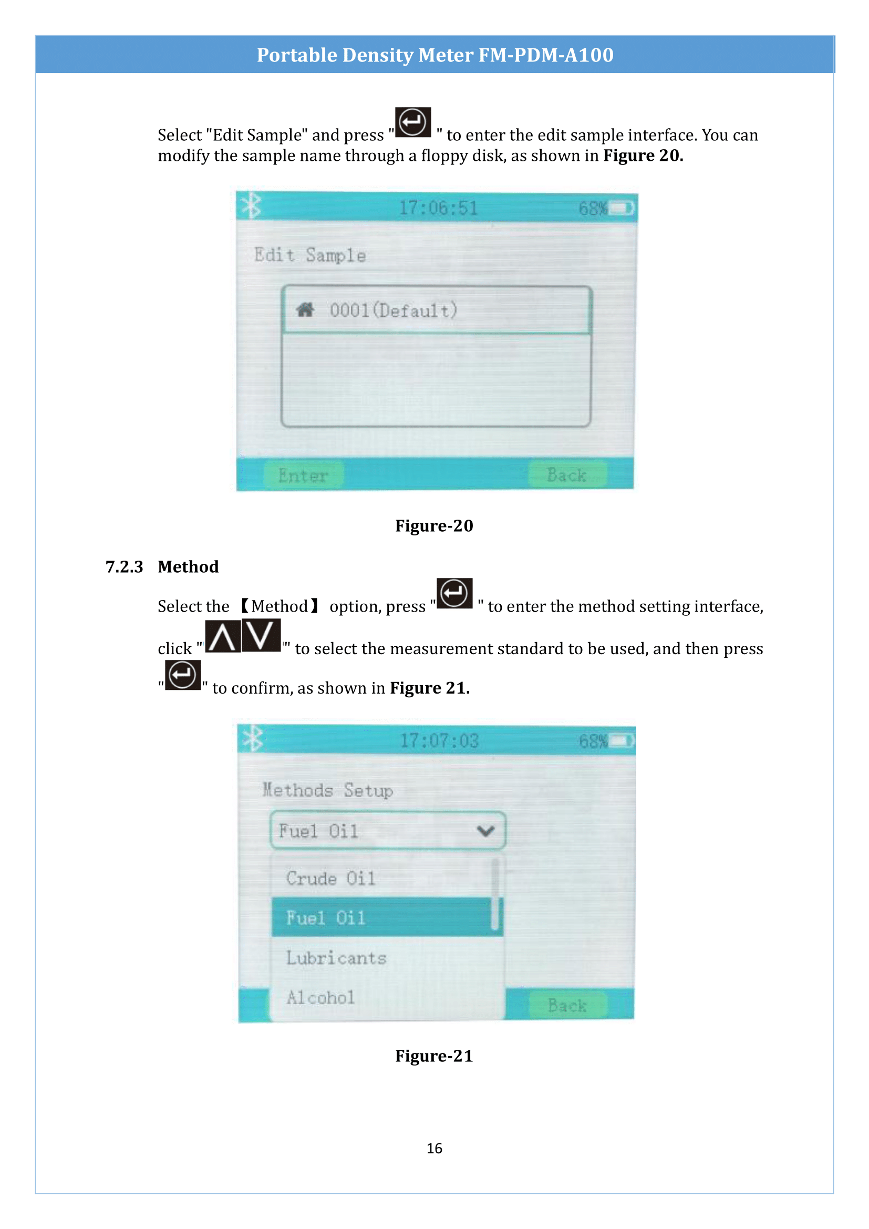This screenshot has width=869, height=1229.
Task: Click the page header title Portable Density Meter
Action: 435,55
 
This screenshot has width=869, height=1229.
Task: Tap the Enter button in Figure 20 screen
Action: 303,475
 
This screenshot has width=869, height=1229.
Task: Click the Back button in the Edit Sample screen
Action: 567,475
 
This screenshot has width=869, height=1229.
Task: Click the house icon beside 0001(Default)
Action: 305,310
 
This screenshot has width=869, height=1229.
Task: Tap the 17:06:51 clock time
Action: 439,208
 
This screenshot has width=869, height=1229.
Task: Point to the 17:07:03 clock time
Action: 439,741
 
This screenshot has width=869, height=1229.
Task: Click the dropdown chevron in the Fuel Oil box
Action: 485,831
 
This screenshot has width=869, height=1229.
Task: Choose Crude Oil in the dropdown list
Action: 330,879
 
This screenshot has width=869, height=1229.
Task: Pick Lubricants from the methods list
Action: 336,958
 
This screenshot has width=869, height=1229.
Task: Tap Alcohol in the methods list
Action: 320,997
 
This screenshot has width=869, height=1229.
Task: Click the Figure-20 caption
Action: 434,525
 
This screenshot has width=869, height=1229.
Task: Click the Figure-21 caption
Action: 434,1056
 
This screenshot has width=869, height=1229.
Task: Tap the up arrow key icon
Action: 223,636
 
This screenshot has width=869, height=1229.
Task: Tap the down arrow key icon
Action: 261,635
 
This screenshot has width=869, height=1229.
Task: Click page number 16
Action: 435,1149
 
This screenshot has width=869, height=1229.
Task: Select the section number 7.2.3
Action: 124,566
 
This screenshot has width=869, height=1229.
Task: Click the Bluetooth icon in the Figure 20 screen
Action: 251,205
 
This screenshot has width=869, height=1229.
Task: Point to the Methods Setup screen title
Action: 327,791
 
